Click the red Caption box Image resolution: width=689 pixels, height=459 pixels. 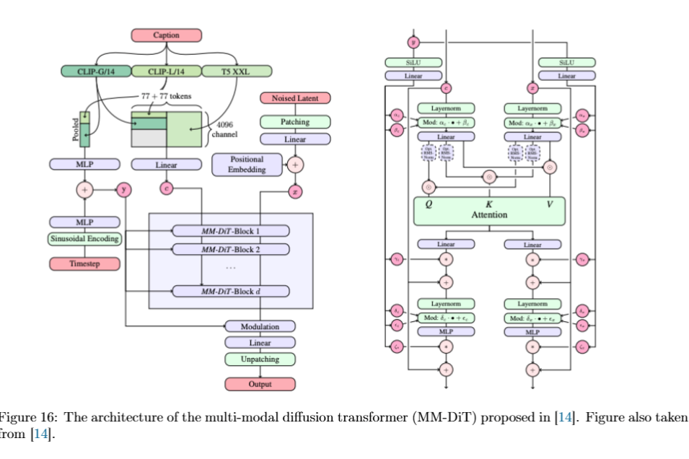pyautogui.click(x=166, y=35)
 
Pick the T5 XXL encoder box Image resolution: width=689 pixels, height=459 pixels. pyautogui.click(x=236, y=71)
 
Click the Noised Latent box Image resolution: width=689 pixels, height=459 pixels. pyautogui.click(x=295, y=98)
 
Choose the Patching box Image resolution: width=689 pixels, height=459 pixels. pyautogui.click(x=295, y=123)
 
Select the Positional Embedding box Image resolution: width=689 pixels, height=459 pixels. pyautogui.click(x=247, y=164)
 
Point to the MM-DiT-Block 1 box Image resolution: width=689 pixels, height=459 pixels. pyautogui.click(x=229, y=232)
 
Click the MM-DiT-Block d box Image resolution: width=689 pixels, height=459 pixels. pyautogui.click(x=229, y=292)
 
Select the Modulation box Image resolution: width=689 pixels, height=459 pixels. pyautogui.click(x=260, y=327)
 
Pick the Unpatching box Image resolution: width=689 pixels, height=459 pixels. pyautogui.click(x=260, y=359)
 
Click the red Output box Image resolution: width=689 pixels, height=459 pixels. pyautogui.click(x=260, y=384)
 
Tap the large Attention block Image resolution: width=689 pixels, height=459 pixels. pyautogui.click(x=488, y=210)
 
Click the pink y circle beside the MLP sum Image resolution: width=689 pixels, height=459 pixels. pyautogui.click(x=125, y=191)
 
